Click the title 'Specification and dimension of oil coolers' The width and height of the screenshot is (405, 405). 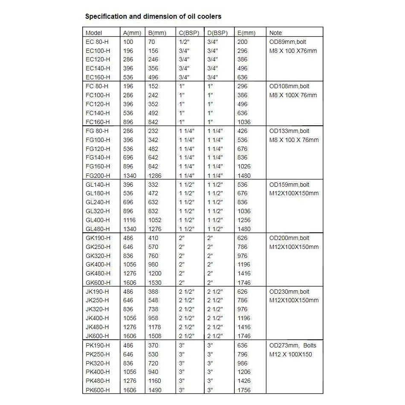(153, 17)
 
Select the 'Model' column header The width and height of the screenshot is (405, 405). (94, 33)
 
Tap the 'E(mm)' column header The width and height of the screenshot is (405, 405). (246, 33)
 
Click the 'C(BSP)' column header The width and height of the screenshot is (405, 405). (189, 33)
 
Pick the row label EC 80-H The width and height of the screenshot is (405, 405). (97, 42)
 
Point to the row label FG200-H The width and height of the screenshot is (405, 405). (98, 176)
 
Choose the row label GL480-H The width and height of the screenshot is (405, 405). (98, 229)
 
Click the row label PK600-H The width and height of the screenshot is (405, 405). (98, 390)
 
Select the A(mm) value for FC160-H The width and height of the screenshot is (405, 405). (128, 122)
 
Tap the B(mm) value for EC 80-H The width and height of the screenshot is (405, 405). (152, 42)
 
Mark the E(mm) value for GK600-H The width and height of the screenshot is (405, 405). (244, 283)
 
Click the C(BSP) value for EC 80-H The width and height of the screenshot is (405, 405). (184, 42)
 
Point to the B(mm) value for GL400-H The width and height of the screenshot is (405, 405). (155, 220)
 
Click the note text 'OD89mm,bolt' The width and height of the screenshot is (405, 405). (288, 42)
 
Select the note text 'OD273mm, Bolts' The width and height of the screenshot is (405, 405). (293, 345)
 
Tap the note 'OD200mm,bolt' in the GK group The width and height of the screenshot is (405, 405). (289, 238)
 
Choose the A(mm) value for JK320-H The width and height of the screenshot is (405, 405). (128, 310)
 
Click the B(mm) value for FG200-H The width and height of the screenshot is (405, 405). (155, 176)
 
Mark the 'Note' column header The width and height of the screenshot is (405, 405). (276, 33)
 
